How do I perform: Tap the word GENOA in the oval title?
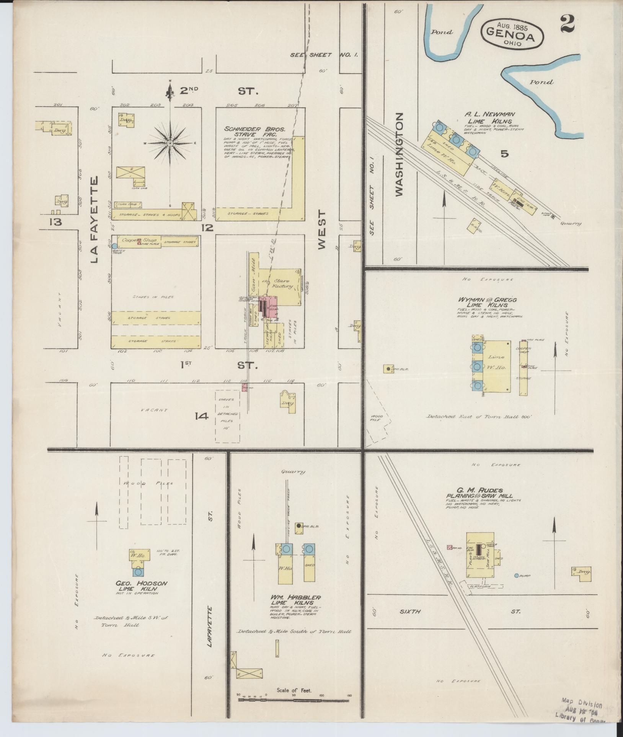511,34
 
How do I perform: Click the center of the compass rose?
169,143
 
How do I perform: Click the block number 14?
201,416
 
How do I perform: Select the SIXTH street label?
410,611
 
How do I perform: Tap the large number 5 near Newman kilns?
505,154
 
